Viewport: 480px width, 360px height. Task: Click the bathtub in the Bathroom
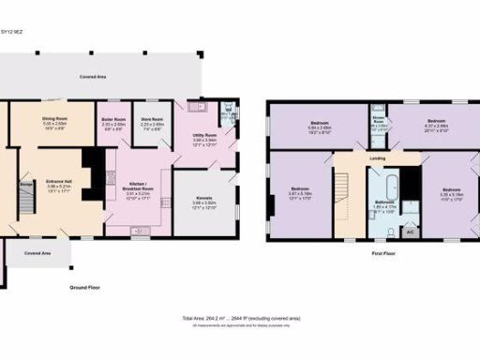click(386, 179)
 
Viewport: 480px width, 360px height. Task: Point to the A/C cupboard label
click(410, 229)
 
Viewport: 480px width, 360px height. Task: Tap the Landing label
click(378, 158)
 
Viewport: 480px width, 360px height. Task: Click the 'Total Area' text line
click(240, 319)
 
